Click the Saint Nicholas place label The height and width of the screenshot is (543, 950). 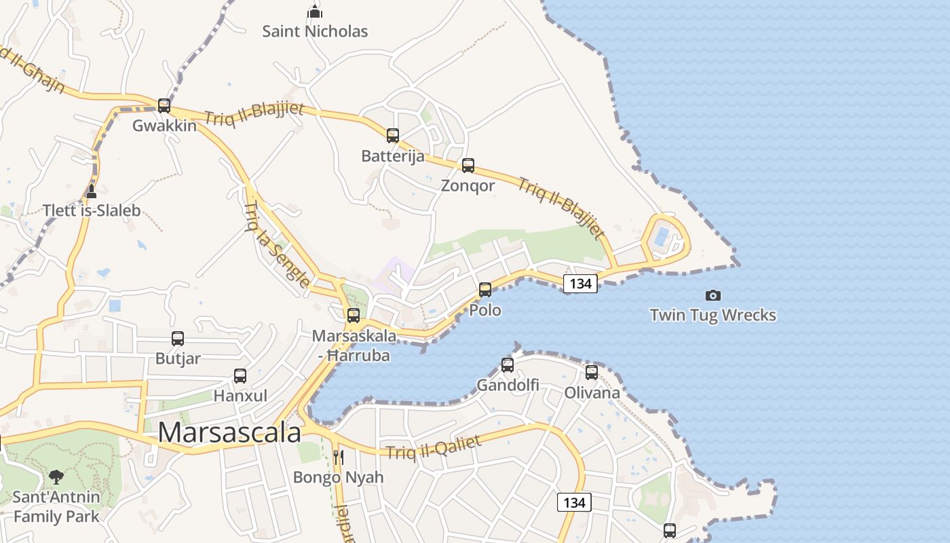315,31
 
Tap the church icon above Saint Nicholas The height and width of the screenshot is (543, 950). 314,12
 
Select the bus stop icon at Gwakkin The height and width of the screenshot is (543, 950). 164,106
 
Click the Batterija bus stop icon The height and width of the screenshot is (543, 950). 393,136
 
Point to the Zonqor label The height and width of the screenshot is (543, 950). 468,185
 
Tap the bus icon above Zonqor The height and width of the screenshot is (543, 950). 468,166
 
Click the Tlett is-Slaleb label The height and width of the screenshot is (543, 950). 92,210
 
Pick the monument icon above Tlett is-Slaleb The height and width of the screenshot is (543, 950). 92,191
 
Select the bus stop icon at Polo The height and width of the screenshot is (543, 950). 485,290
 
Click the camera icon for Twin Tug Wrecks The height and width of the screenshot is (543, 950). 712,295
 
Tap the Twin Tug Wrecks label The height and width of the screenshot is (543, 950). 712,315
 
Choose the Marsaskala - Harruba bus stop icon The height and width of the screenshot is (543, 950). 354,316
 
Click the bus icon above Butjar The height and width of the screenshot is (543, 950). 178,339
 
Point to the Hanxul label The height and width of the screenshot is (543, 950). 240,395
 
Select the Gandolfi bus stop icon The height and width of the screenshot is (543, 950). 508,365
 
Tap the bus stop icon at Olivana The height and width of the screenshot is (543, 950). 592,373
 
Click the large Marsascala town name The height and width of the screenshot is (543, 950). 229,432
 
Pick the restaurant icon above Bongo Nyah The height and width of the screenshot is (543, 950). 338,457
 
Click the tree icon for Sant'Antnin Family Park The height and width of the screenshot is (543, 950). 56,477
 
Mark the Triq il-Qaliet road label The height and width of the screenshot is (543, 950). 434,448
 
